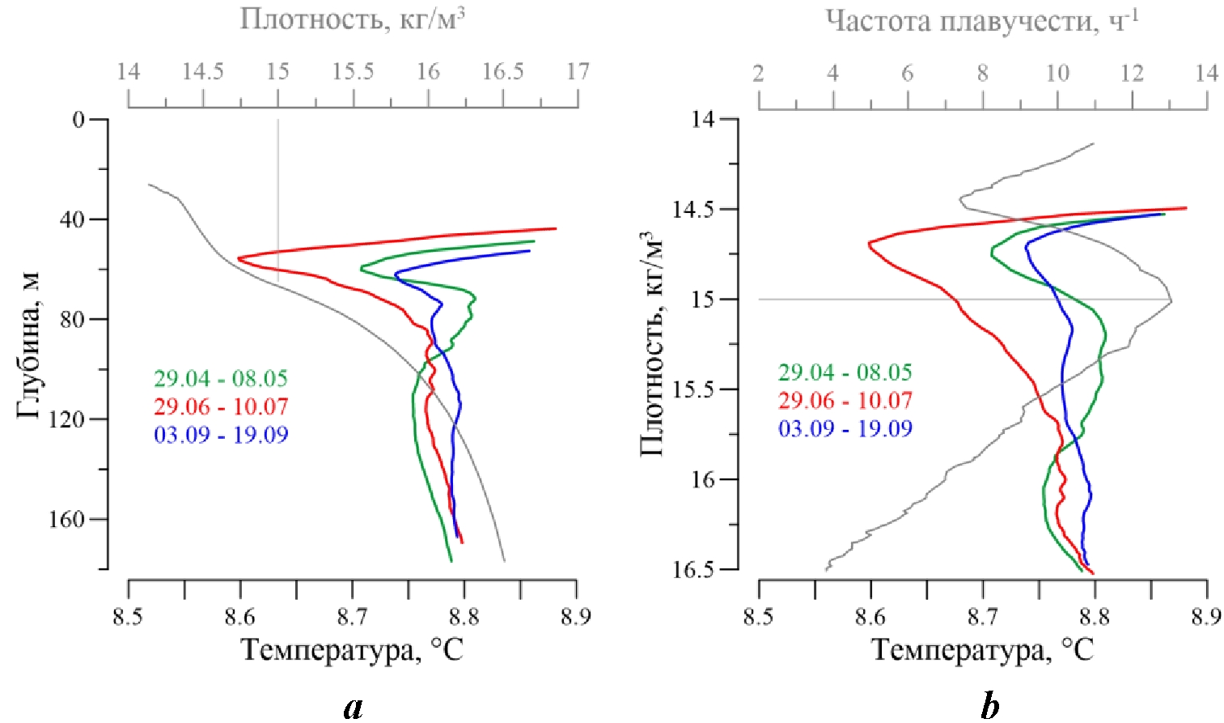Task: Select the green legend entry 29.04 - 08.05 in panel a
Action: pos(221,378)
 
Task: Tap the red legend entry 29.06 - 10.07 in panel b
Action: pos(845,400)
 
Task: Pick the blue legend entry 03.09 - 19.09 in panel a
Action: pos(221,435)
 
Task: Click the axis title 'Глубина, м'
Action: pos(28,345)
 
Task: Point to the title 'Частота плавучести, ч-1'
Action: pos(982,20)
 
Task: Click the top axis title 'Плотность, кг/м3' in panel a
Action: pos(353,18)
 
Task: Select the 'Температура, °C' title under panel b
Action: pos(982,649)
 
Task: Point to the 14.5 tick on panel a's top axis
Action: pos(202,72)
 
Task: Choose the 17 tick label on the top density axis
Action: pos(578,72)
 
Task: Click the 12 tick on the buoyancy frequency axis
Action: pos(1132,74)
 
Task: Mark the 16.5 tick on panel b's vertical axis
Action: pos(694,570)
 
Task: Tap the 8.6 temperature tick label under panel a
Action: pos(239,618)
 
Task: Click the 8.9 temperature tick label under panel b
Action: pos(1206,618)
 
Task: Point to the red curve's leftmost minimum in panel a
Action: pos(239,258)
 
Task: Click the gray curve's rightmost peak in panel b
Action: pos(1171,301)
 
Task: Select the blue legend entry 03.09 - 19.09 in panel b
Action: pos(845,428)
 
